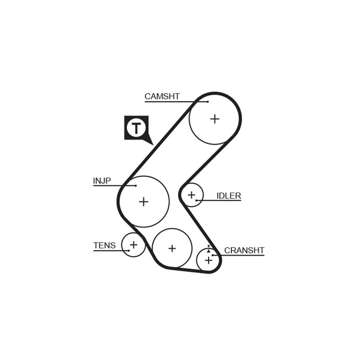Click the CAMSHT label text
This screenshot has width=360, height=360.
coord(162,97)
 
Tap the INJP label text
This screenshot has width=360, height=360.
coord(102,181)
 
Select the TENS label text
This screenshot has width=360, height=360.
coord(105,245)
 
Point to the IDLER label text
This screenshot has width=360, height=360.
coord(229,196)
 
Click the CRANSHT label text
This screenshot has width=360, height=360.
coord(244,250)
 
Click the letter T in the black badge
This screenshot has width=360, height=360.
coord(136,128)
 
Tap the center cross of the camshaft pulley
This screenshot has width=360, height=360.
coord(215,119)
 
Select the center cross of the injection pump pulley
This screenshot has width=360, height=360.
coord(144,202)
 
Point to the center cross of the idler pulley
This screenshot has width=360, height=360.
coord(191,195)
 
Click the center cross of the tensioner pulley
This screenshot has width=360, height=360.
coord(133,245)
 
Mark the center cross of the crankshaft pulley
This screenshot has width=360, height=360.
coord(208,260)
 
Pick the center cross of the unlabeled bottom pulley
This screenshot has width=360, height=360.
coord(172,249)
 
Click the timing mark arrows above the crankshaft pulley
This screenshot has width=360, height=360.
coord(208,249)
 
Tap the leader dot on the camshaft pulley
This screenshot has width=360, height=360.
coord(208,102)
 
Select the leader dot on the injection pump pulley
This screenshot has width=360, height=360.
coord(136,186)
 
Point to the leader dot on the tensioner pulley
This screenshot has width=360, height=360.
coord(129,250)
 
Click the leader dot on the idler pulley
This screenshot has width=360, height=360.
coord(196,200)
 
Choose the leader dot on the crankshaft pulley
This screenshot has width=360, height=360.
coord(213,255)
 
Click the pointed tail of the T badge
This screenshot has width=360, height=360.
coord(153,145)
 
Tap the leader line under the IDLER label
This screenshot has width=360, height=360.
coord(219,201)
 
